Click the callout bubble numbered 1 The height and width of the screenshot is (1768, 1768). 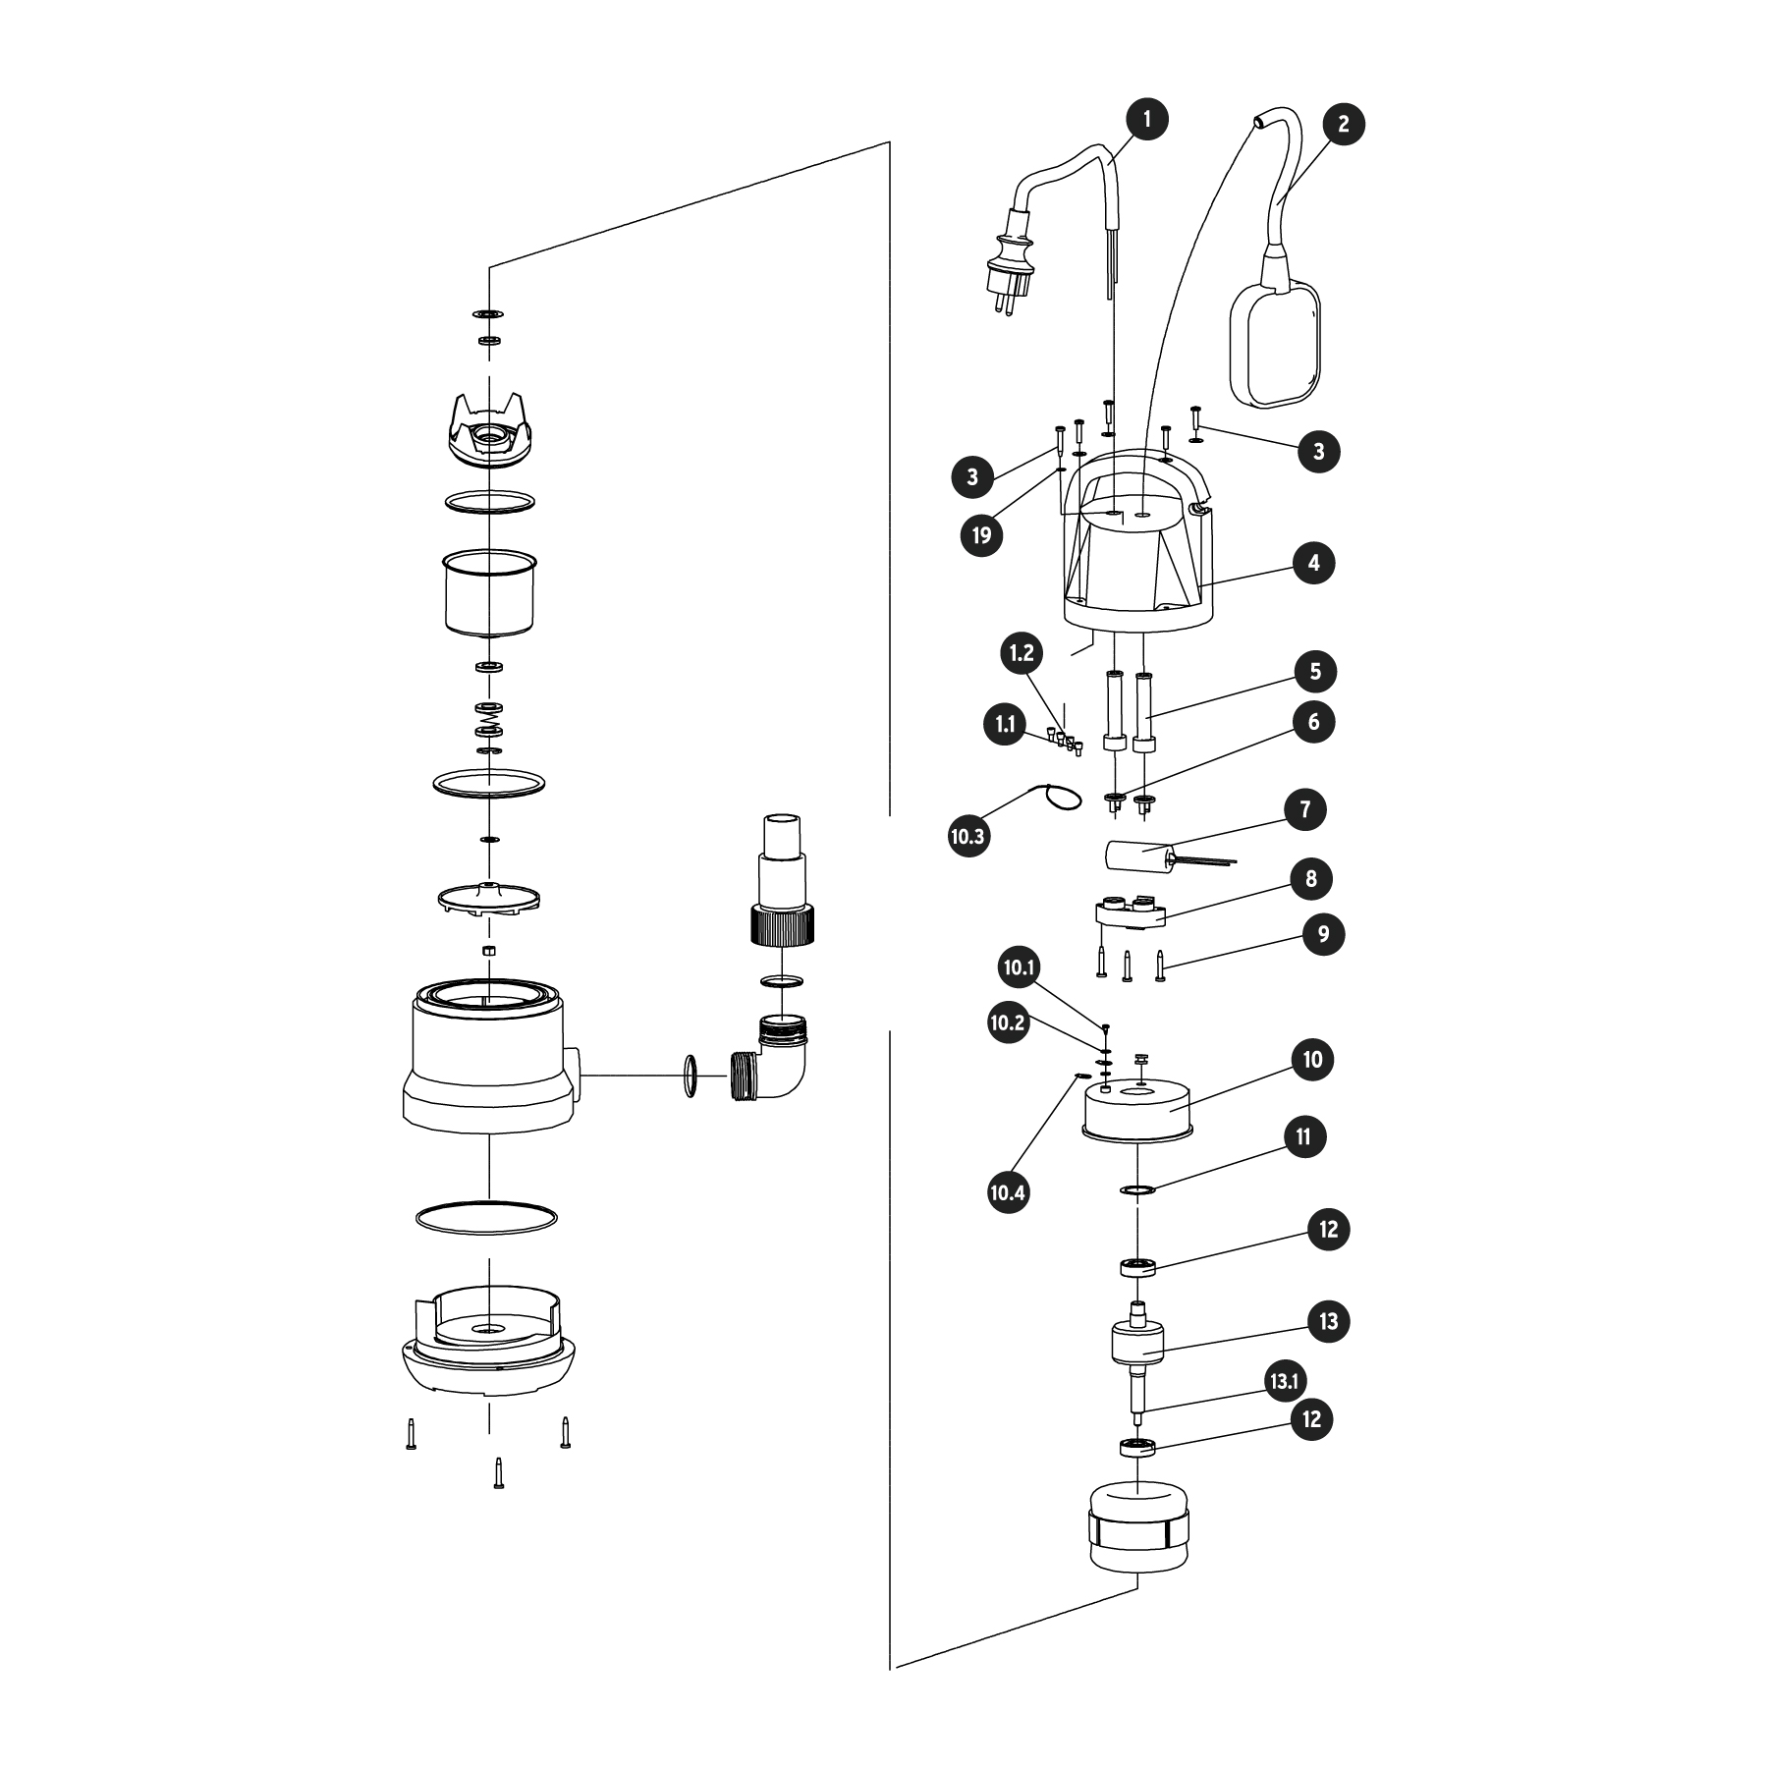click(1147, 120)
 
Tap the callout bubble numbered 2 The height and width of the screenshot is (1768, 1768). click(1343, 125)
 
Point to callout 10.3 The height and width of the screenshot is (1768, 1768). click(967, 837)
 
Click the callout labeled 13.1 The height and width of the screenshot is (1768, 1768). click(1285, 1382)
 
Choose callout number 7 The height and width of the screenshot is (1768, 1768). click(1305, 810)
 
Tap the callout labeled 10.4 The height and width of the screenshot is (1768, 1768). click(1008, 1193)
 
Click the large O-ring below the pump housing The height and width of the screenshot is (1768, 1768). click(487, 1218)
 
